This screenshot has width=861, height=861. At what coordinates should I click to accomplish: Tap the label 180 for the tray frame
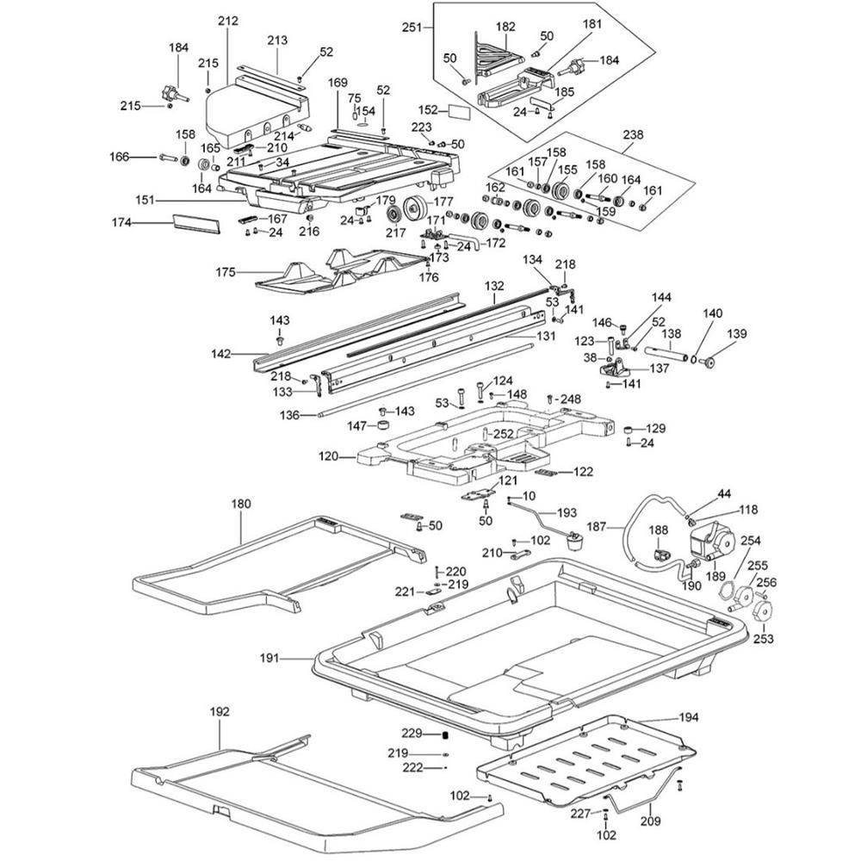pos(241,504)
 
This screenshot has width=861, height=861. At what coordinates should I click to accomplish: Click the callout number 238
pos(634,134)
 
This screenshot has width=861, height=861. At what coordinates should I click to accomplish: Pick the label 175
pos(226,272)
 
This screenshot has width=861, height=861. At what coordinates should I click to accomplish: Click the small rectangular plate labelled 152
pos(457,111)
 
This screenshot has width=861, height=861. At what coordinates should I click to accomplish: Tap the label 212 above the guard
pos(227,20)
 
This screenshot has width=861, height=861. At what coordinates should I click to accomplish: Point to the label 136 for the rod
pos(289,415)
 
